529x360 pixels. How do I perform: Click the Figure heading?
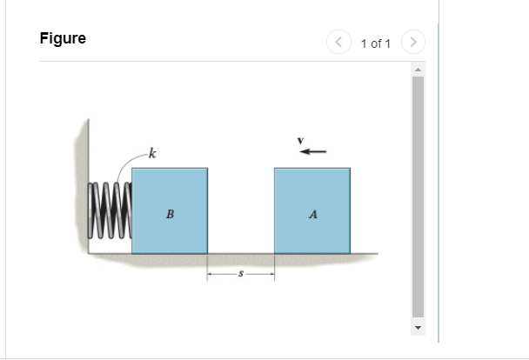pyautogui.click(x=63, y=39)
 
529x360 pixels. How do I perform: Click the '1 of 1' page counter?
pyautogui.click(x=376, y=43)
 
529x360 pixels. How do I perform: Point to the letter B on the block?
pyautogui.click(x=170, y=214)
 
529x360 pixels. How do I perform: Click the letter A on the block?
pyautogui.click(x=312, y=214)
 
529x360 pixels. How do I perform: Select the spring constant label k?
pyautogui.click(x=152, y=155)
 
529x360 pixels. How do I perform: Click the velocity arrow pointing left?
pyautogui.click(x=313, y=151)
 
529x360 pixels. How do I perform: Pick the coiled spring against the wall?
pyautogui.click(x=110, y=208)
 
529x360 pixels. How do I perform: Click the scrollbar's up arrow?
pyautogui.click(x=418, y=70)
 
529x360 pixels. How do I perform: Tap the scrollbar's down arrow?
pyautogui.click(x=418, y=329)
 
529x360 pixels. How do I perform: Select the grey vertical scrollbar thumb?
pyautogui.click(x=418, y=196)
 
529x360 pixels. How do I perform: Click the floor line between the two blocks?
pyautogui.click(x=241, y=254)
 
